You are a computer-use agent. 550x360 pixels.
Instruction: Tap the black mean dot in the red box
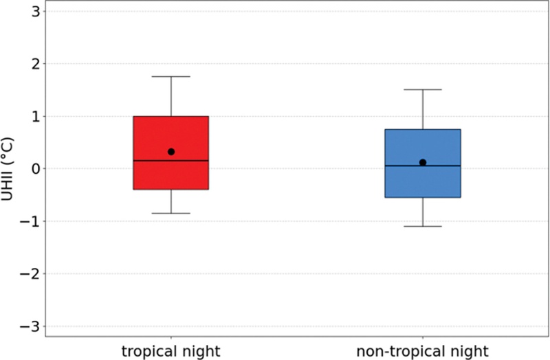click(171, 152)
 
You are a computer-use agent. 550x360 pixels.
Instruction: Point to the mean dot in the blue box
click(423, 162)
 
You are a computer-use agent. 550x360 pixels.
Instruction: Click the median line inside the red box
click(170, 161)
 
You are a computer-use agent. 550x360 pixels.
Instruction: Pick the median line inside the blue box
click(423, 166)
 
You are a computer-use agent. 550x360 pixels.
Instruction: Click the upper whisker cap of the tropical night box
click(170, 76)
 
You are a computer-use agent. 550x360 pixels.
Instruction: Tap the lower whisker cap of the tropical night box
click(170, 213)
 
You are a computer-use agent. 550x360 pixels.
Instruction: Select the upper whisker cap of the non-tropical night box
click(423, 89)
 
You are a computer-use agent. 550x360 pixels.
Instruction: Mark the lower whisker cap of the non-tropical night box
click(423, 226)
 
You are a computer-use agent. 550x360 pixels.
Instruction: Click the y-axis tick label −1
click(31, 221)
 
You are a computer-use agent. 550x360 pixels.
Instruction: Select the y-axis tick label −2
click(31, 273)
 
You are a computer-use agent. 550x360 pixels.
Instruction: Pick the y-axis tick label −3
click(31, 326)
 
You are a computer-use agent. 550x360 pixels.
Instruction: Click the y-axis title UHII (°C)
click(8, 168)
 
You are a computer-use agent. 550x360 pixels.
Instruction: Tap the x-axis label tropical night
click(170, 351)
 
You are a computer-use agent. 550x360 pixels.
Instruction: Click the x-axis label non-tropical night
click(422, 351)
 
